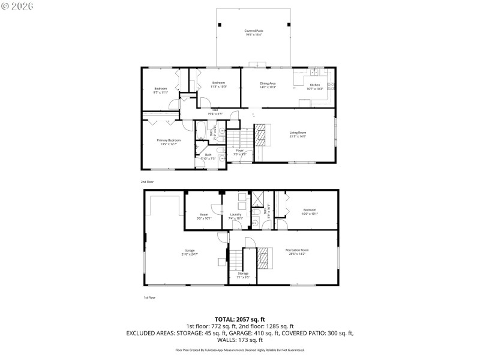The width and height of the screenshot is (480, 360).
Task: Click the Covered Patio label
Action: coord(254,31)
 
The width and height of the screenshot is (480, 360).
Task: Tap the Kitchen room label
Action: coord(314,85)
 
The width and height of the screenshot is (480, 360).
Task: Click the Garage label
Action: coord(190,250)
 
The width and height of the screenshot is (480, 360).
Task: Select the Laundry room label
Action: coord(236,214)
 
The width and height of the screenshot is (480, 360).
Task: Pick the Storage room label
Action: coord(242,273)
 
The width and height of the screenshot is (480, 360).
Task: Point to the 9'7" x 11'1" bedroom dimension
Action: coord(160,92)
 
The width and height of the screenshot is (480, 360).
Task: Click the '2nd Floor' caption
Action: coord(147,181)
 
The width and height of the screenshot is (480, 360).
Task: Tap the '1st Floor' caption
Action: coord(149,297)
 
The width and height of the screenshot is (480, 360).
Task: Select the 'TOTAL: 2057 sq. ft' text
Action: coord(240,319)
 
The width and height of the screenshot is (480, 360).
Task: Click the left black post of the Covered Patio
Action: coord(219,25)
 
